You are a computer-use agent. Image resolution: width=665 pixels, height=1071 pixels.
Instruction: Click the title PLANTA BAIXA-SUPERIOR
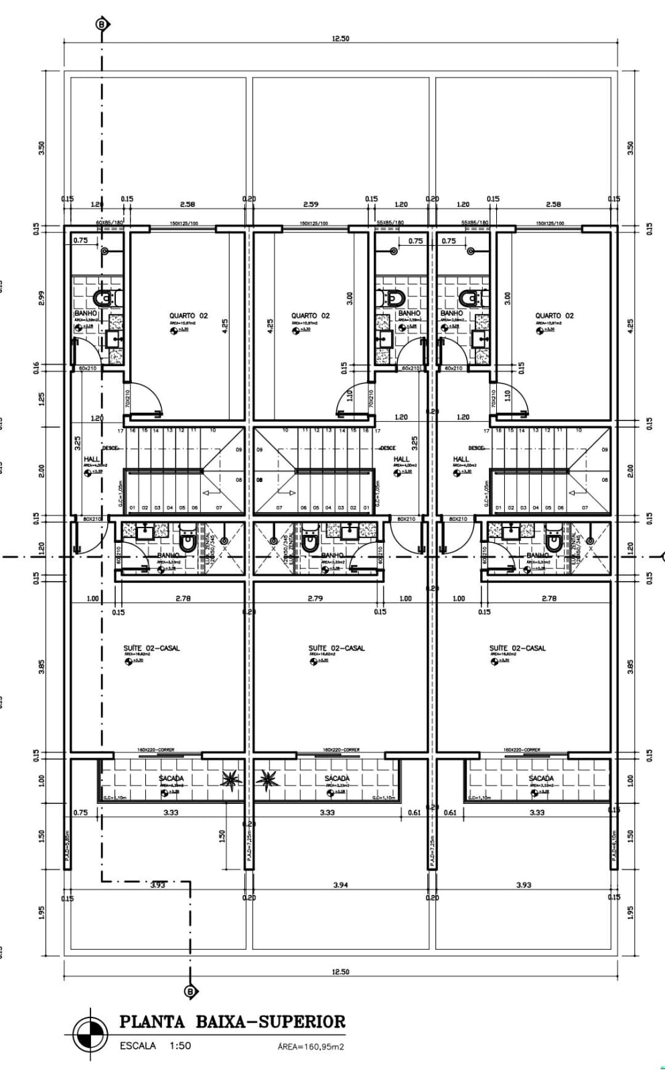point(232,1021)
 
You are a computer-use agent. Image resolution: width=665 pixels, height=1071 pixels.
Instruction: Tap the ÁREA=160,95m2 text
point(311,1047)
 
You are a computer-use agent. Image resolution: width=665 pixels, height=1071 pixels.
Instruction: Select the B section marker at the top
point(102,25)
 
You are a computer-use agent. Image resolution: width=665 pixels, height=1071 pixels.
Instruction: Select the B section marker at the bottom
point(190,991)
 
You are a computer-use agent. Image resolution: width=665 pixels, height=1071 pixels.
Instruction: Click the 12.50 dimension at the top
point(340,38)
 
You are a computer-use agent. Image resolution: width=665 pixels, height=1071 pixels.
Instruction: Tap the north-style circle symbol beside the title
point(90,1034)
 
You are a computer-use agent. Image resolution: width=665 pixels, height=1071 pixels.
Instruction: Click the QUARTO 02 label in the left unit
point(188,315)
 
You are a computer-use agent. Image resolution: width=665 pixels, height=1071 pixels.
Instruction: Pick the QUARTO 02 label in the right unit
point(554,315)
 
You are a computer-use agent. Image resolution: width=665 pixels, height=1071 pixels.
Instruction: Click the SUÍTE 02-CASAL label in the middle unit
point(336,648)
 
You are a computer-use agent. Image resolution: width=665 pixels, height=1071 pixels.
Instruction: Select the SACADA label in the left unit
point(171,778)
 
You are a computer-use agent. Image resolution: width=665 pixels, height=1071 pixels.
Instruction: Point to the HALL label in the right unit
point(461,459)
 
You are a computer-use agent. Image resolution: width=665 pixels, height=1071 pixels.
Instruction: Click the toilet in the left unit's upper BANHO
point(106,297)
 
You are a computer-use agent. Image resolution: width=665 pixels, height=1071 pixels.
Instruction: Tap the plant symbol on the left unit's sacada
point(231,778)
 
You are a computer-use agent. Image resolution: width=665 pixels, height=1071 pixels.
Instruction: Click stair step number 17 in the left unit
point(121,431)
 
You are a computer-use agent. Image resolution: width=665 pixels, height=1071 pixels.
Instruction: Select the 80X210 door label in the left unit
point(92,519)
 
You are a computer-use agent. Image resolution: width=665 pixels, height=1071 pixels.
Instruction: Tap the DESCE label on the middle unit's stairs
point(387,448)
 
